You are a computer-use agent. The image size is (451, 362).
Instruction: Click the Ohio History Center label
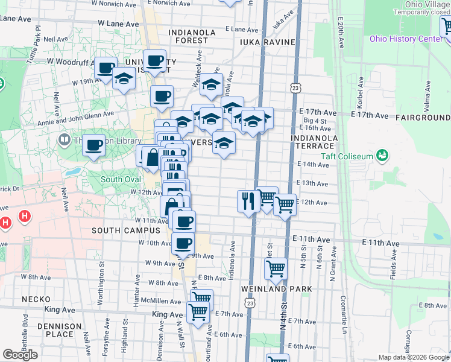pyautogui.click(x=406, y=39)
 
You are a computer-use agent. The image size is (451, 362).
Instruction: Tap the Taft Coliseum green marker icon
pyautogui.click(x=381, y=156)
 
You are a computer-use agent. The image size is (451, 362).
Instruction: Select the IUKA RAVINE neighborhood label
pyautogui.click(x=267, y=42)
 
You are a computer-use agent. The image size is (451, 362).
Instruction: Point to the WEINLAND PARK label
pyautogui.click(x=277, y=289)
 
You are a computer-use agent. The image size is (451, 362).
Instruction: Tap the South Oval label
pyautogui.click(x=121, y=179)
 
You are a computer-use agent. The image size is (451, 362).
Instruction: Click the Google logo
pyautogui.click(x=20, y=355)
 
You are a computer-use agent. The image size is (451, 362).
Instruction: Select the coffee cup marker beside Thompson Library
pyautogui.click(x=93, y=145)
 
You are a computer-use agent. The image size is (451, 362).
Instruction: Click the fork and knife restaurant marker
pyautogui.click(x=248, y=200)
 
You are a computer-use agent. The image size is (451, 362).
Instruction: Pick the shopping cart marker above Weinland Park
pyautogui.click(x=276, y=268)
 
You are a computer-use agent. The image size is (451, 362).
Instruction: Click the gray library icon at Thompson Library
pyautogui.click(x=65, y=140)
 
